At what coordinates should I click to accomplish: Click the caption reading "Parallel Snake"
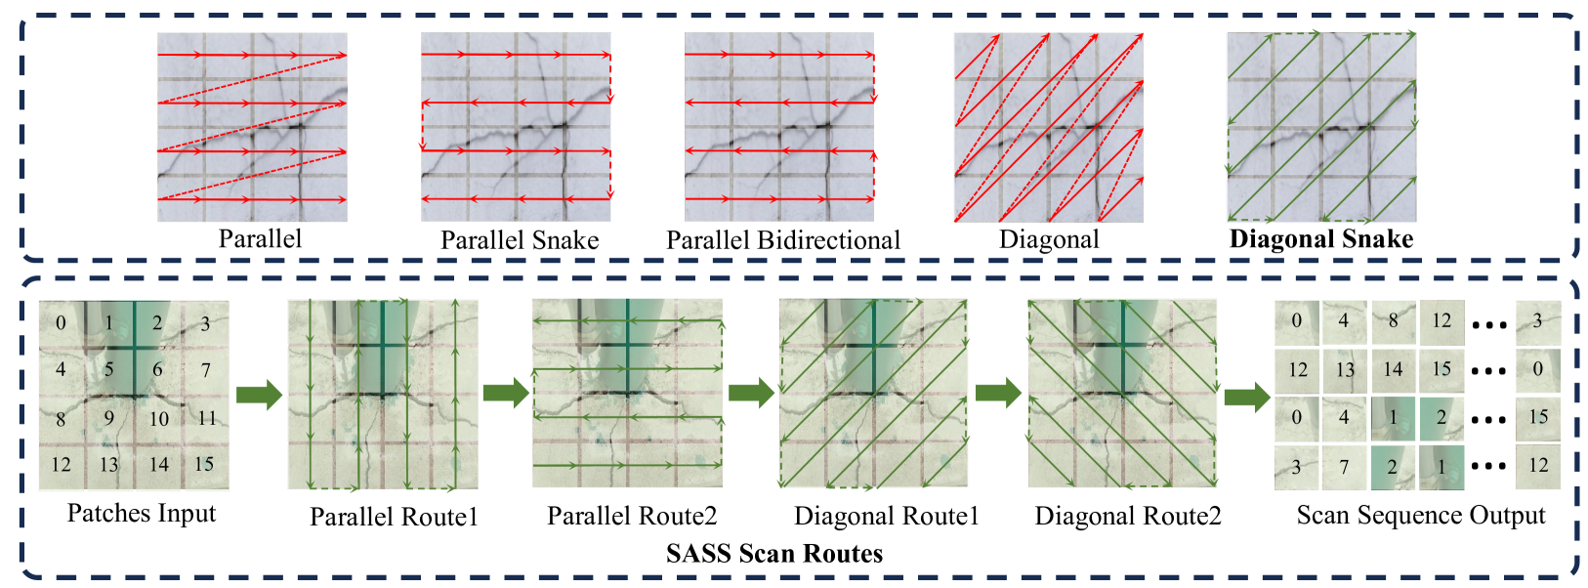(x=520, y=240)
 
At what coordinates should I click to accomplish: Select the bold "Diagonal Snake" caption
(x=1320, y=239)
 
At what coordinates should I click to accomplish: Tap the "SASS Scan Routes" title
(x=773, y=554)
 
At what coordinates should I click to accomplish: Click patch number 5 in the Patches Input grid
(x=109, y=370)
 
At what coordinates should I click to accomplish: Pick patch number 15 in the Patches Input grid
(x=204, y=464)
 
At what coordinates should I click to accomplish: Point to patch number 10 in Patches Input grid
(x=158, y=419)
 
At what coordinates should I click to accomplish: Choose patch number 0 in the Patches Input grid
(x=62, y=323)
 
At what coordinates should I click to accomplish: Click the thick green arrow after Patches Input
(x=259, y=395)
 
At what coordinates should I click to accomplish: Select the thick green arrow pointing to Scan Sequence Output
(x=1247, y=395)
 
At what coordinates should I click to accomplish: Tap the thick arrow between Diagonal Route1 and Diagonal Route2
(x=998, y=395)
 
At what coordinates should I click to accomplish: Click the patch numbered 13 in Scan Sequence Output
(x=1345, y=370)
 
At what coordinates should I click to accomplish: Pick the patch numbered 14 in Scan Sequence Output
(x=1393, y=369)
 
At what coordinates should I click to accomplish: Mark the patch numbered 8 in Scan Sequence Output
(x=1393, y=321)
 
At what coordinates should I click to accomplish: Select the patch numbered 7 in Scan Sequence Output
(x=1344, y=467)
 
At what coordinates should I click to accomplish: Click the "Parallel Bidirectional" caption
(x=783, y=240)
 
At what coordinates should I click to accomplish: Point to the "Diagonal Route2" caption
(x=1128, y=516)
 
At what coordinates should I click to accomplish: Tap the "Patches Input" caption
(x=142, y=514)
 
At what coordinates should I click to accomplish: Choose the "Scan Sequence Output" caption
(x=1421, y=516)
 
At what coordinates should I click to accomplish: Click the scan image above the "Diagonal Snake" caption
(x=1320, y=127)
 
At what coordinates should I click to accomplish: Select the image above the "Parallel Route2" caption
(x=627, y=394)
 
